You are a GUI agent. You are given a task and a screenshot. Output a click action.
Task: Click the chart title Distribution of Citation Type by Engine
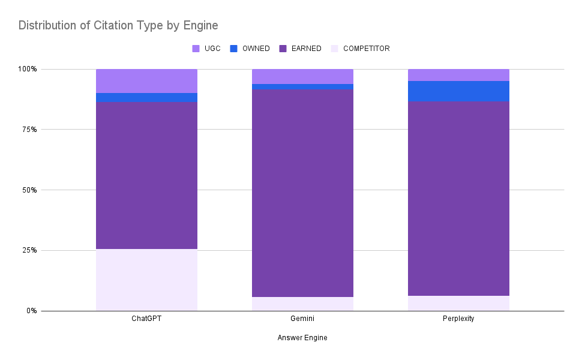(118, 25)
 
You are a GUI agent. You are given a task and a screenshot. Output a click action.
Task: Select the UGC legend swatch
(196, 49)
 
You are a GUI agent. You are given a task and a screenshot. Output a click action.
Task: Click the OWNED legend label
(256, 49)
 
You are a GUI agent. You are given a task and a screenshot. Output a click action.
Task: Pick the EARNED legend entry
(307, 49)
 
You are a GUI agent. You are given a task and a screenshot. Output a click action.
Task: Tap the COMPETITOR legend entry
(366, 49)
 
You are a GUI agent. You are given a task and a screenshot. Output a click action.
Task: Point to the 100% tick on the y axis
(26, 69)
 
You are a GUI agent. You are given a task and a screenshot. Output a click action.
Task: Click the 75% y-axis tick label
(28, 130)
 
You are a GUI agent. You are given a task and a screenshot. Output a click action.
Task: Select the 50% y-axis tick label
(28, 190)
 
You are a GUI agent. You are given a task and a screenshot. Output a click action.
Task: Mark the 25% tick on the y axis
(28, 250)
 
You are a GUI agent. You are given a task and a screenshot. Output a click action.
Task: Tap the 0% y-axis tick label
(31, 311)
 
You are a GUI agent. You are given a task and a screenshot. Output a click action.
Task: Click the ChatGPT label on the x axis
(146, 319)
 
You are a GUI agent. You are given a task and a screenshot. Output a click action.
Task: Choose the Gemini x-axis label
(302, 319)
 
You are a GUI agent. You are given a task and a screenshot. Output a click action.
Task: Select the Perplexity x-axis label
(458, 319)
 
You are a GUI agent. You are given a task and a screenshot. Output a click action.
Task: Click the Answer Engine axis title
(302, 338)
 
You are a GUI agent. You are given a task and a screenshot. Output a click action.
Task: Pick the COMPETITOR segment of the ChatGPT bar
(146, 280)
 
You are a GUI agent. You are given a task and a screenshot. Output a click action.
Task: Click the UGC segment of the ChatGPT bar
(146, 81)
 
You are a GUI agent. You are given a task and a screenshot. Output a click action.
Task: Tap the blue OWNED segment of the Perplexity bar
(458, 91)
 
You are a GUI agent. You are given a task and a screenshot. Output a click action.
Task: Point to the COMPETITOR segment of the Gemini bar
(302, 304)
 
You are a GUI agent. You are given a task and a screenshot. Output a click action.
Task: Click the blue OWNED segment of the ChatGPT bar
(146, 97)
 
